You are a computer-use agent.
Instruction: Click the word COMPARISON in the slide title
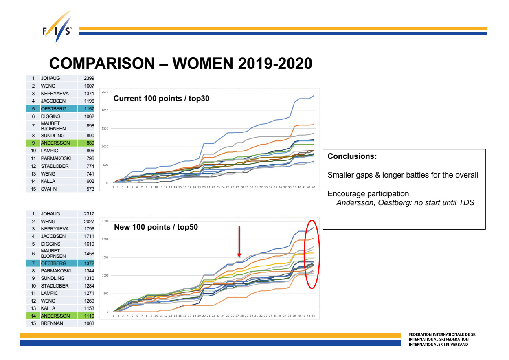click(x=99, y=64)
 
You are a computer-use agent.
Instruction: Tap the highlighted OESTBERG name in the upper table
click(x=51, y=109)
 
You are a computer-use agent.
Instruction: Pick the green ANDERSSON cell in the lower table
click(x=55, y=316)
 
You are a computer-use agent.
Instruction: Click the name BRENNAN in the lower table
click(x=53, y=323)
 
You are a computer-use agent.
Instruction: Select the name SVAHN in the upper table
click(x=48, y=189)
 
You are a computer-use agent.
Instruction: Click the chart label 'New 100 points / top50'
click(x=156, y=227)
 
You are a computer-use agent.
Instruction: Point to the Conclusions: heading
click(x=352, y=156)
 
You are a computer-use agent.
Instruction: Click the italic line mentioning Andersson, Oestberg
click(x=405, y=202)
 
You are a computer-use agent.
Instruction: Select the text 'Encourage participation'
click(x=368, y=194)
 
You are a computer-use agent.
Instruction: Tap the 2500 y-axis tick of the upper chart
click(x=105, y=92)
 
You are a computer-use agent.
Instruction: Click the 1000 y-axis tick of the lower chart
click(x=105, y=276)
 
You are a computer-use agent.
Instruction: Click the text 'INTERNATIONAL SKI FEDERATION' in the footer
click(x=439, y=339)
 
